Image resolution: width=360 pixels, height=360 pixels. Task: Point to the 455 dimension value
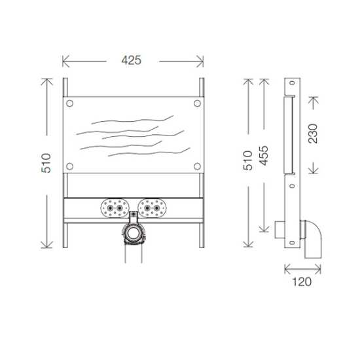click(262, 156)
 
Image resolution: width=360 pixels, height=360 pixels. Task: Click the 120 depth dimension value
click(302, 282)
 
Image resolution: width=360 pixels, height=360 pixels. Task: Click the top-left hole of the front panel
click(71, 103)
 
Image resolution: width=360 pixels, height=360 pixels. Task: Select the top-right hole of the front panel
click(197, 103)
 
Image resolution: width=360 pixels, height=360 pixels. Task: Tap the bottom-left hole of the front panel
click(71, 166)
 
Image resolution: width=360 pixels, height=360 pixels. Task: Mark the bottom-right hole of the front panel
click(197, 166)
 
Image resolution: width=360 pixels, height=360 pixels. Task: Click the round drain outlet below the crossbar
click(134, 233)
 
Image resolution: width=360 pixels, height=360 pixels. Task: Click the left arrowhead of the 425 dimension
click(63, 61)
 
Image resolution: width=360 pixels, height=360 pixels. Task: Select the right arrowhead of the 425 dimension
click(204, 61)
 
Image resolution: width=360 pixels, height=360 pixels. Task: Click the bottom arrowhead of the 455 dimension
click(262, 231)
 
